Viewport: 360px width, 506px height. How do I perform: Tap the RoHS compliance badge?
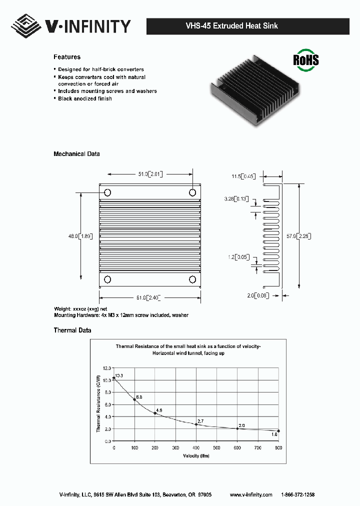305,59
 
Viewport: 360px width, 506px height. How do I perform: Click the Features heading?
67,57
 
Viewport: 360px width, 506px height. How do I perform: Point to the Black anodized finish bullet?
84,98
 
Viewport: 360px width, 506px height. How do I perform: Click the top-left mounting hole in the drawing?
107,192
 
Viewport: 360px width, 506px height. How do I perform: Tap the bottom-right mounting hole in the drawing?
192,279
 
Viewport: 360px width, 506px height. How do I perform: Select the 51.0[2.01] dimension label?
150,174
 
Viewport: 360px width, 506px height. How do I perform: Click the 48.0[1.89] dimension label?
80,236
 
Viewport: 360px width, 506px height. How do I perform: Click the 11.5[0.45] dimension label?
243,176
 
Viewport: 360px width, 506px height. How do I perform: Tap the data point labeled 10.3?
114,378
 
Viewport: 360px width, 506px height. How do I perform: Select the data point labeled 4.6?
155,413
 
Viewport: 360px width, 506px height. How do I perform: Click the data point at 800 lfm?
278,431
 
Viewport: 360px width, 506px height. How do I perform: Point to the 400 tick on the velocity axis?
196,447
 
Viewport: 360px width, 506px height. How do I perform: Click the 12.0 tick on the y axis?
107,367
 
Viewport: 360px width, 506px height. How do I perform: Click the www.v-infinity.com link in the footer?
251,494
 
